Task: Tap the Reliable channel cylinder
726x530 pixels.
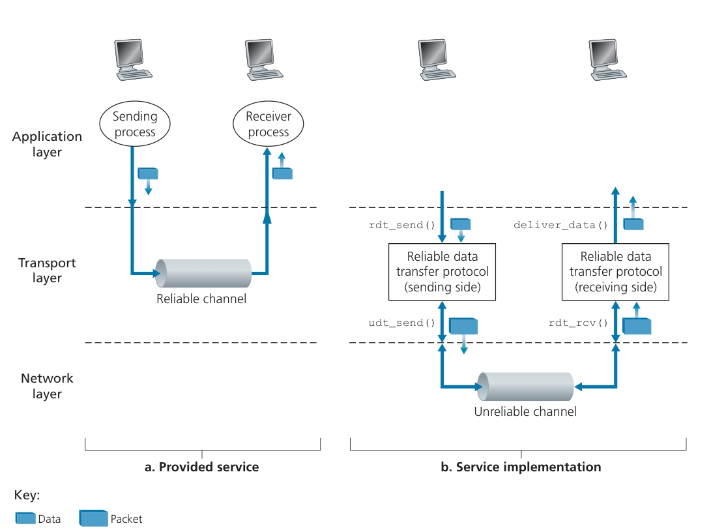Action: (203, 273)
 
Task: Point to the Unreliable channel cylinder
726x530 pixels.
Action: (525, 387)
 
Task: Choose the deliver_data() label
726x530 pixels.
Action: (560, 226)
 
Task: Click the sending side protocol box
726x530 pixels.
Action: (443, 272)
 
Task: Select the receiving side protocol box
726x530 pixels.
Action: (615, 272)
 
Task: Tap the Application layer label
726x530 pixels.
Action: (47, 144)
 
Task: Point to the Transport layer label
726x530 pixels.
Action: (47, 271)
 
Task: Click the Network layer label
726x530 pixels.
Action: (47, 386)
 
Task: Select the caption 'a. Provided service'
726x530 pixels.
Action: (202, 467)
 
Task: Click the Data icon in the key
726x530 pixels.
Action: (25, 518)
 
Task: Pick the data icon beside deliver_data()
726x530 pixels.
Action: (633, 224)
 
